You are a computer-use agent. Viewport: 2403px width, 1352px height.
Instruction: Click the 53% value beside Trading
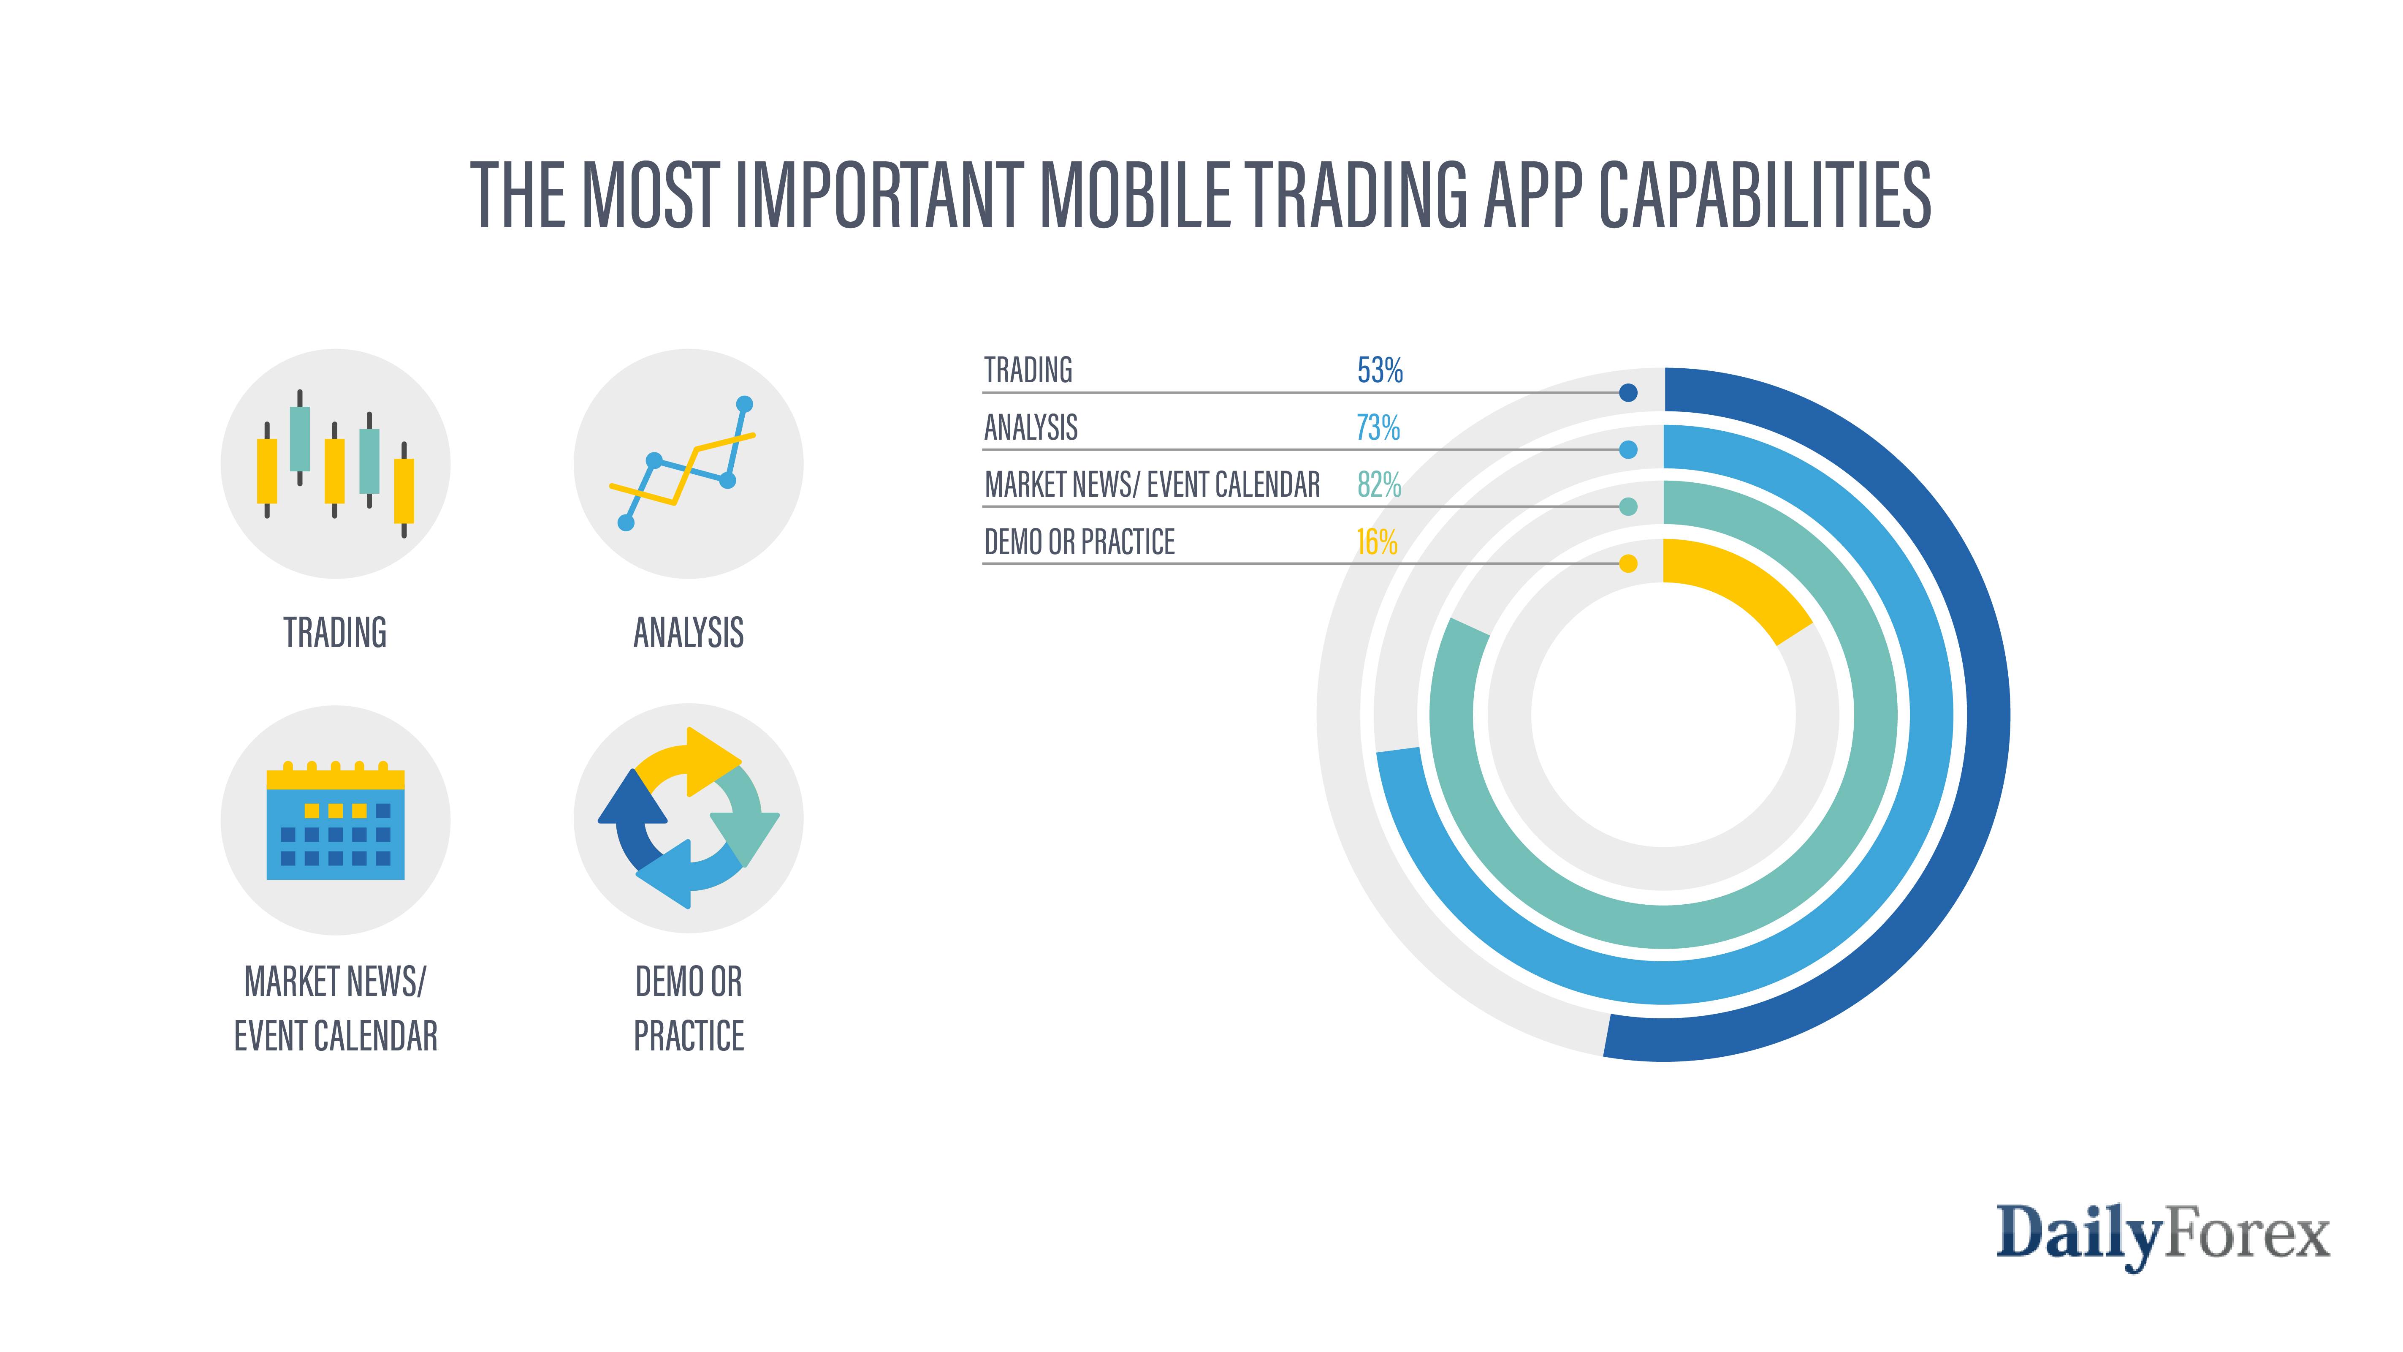(x=1380, y=370)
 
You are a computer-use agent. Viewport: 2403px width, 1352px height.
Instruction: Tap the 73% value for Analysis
(x=1378, y=428)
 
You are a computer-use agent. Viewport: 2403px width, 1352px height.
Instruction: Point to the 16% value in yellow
(x=1376, y=542)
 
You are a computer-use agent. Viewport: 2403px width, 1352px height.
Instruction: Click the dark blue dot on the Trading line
(x=1628, y=393)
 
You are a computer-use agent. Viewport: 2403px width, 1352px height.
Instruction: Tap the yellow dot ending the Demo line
(x=1628, y=563)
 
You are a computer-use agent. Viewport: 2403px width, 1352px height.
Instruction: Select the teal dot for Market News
(x=1628, y=507)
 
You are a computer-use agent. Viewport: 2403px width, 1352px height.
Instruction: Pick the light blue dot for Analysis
(x=1628, y=450)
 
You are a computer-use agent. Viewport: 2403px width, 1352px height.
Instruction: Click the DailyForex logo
(x=2162, y=1233)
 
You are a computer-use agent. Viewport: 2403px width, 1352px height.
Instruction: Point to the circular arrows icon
(x=689, y=818)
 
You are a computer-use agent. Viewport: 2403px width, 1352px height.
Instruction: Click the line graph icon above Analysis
(x=689, y=464)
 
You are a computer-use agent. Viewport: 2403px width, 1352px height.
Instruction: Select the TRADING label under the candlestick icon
(x=335, y=633)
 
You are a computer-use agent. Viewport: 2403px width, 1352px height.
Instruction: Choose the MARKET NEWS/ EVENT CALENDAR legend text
(x=1152, y=485)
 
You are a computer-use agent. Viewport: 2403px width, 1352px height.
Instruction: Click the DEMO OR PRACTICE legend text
(x=1079, y=542)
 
